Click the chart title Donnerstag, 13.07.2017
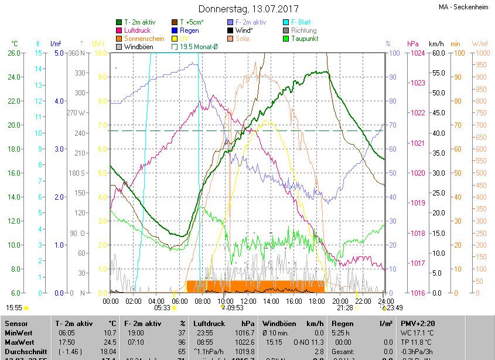pos(248,9)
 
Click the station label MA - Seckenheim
pos(465,7)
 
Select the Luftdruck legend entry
pos(138,30)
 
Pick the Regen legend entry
pos(189,30)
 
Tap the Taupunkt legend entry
pos(305,39)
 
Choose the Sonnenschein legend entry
pos(144,39)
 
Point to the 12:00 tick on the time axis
pos(248,301)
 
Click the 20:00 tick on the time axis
pos(339,301)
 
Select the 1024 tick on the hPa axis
pos(418,53)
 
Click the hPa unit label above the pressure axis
pos(413,44)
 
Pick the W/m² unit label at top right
pos(480,44)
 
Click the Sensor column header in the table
pos(17,323)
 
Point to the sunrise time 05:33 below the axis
pos(162,307)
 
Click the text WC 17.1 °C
pos(418,333)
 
